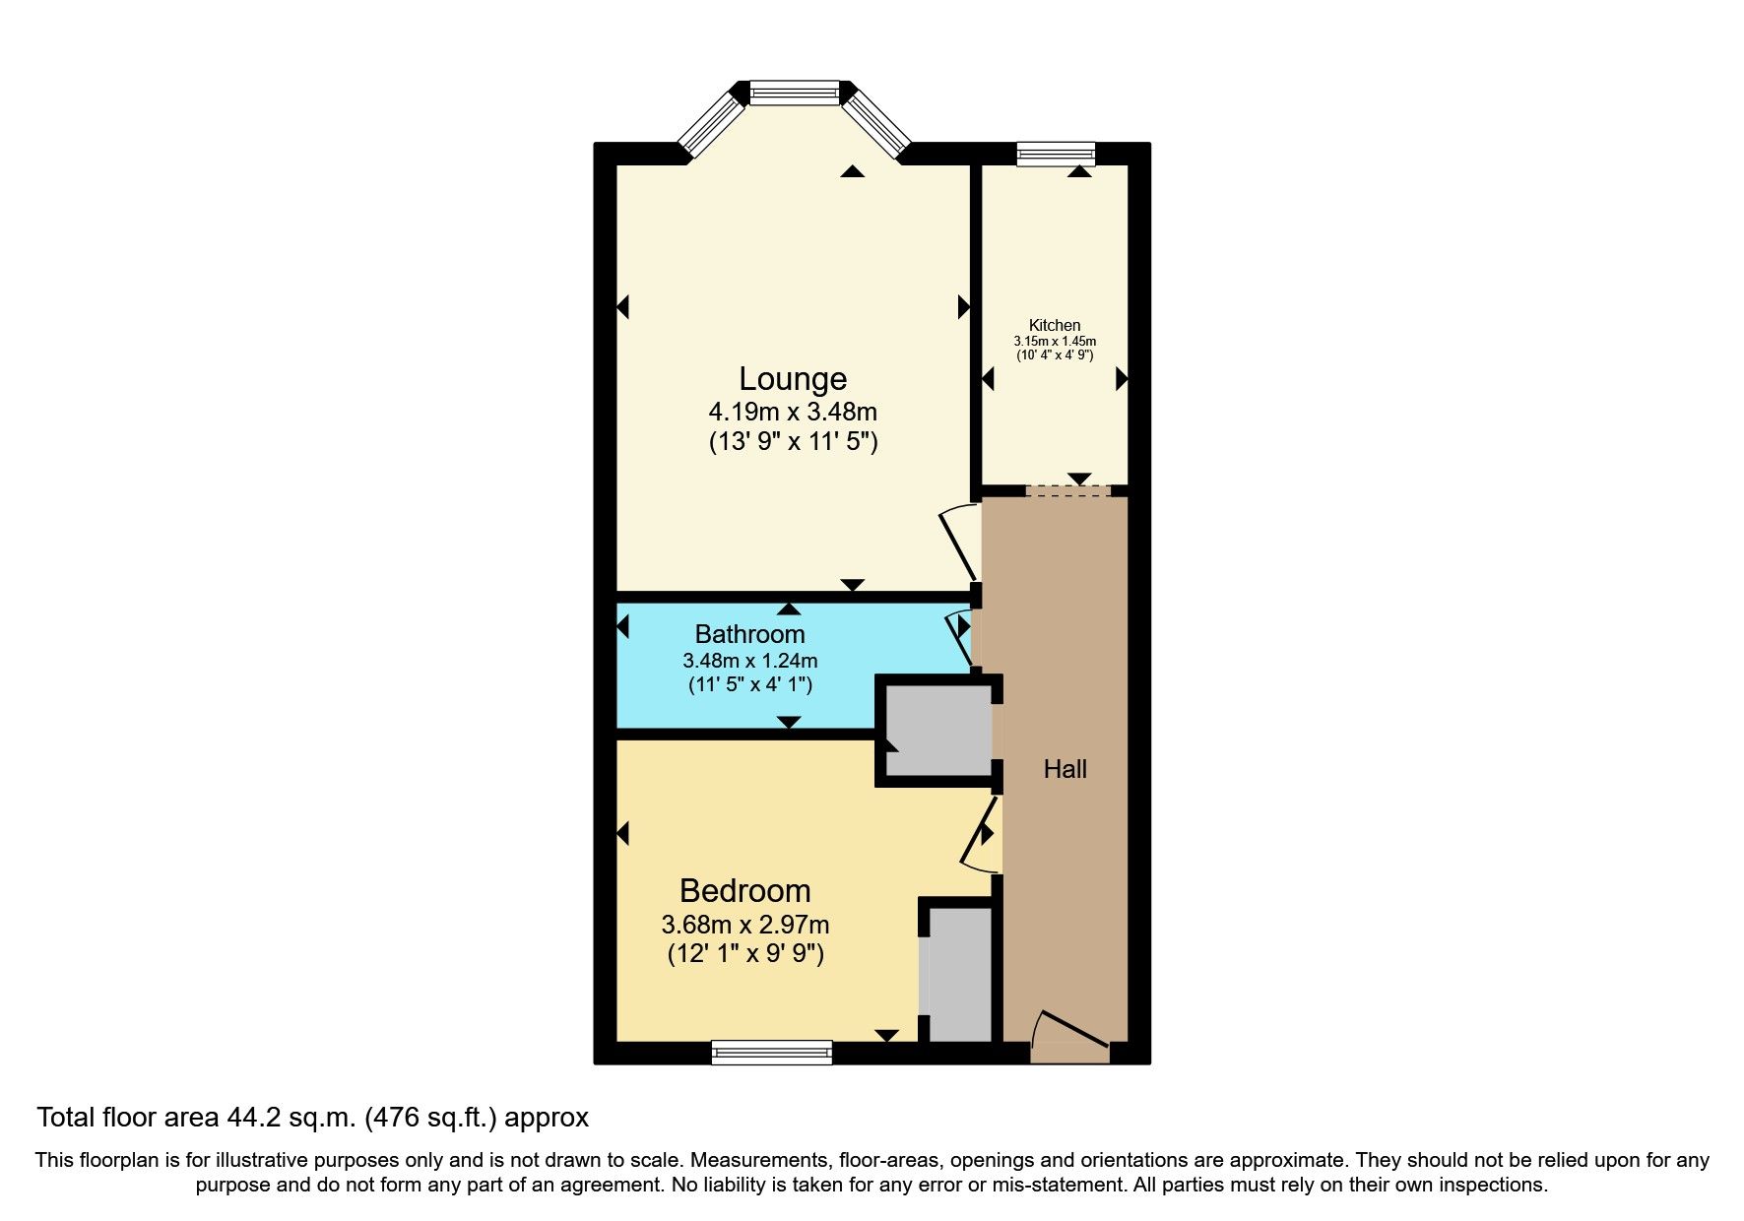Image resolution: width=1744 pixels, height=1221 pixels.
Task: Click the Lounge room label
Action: click(793, 379)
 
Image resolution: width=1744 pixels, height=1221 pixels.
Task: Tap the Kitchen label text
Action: click(1055, 326)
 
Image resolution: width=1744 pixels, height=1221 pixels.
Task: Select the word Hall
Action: click(1065, 769)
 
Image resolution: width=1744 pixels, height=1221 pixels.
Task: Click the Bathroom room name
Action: click(749, 634)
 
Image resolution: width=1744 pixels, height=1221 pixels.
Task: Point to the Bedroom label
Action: click(745, 891)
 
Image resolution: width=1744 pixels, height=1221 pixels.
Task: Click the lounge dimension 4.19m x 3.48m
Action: click(793, 412)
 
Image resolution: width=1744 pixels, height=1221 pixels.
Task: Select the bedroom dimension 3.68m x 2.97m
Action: click(745, 925)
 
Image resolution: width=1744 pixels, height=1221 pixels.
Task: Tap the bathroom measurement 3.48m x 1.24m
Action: click(749, 661)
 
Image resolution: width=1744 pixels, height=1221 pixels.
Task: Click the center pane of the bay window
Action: click(795, 93)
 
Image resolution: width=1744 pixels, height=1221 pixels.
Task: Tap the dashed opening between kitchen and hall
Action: click(1068, 491)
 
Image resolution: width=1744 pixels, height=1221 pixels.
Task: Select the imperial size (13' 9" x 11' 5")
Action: click(793, 442)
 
